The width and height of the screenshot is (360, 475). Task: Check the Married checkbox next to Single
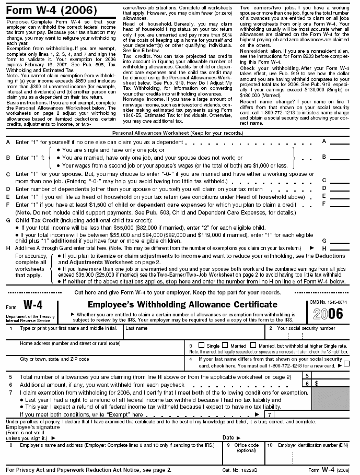click(x=225, y=345)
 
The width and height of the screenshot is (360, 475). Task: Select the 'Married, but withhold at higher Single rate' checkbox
click(x=253, y=345)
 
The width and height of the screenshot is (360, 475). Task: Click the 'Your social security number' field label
click(x=306, y=328)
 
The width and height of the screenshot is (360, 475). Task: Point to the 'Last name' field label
click(x=136, y=328)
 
